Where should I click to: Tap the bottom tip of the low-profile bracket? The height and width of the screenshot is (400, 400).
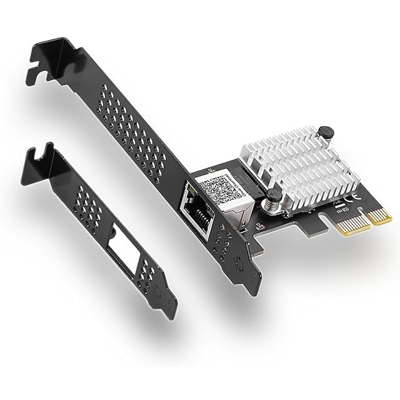(x=171, y=312)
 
